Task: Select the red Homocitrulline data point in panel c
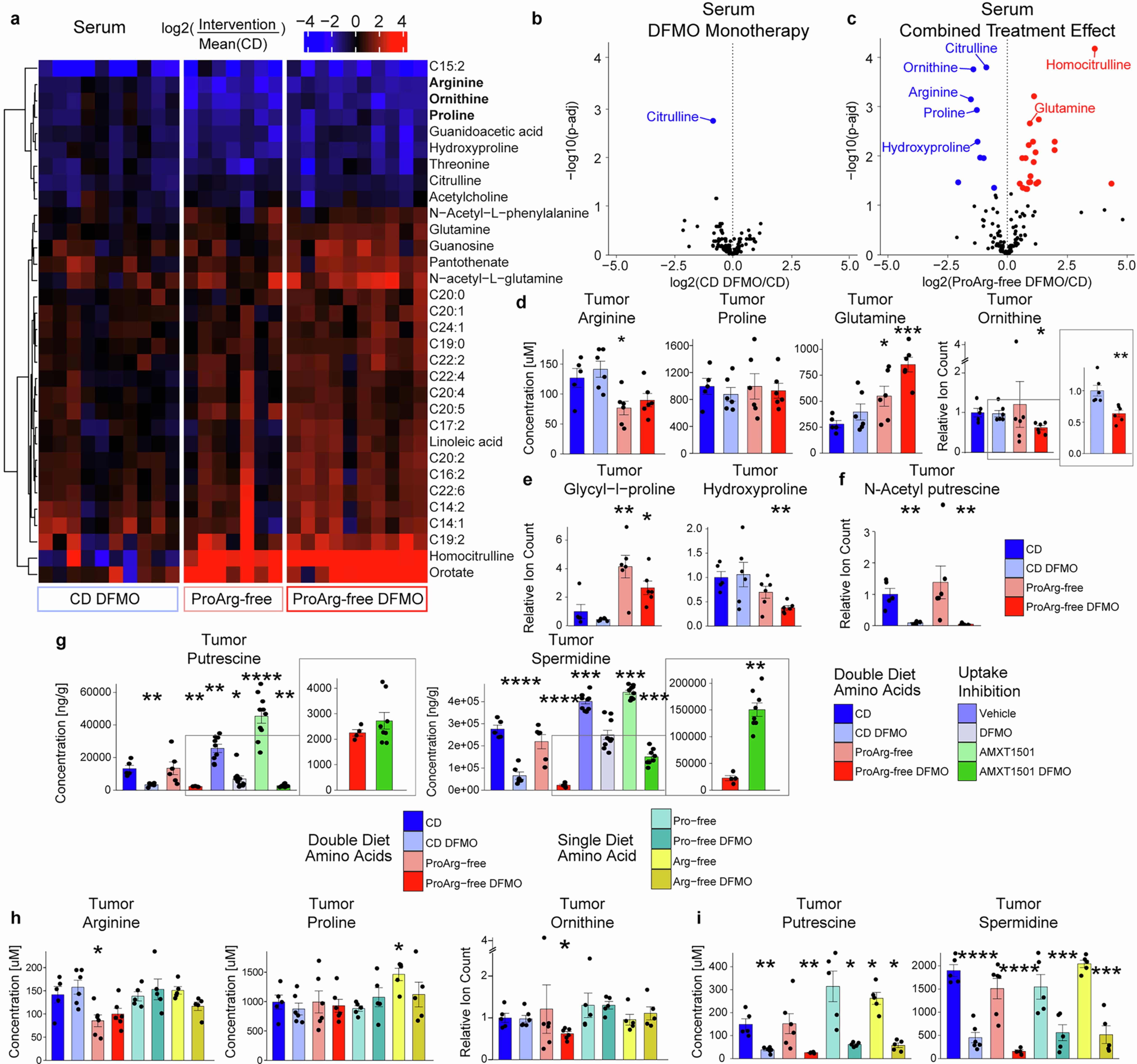1095,49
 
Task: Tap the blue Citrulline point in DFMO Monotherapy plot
713,121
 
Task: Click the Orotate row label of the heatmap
451,572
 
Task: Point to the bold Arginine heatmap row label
456,82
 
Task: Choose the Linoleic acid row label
466,441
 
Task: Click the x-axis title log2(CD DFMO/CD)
729,282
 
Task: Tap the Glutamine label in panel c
1065,108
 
